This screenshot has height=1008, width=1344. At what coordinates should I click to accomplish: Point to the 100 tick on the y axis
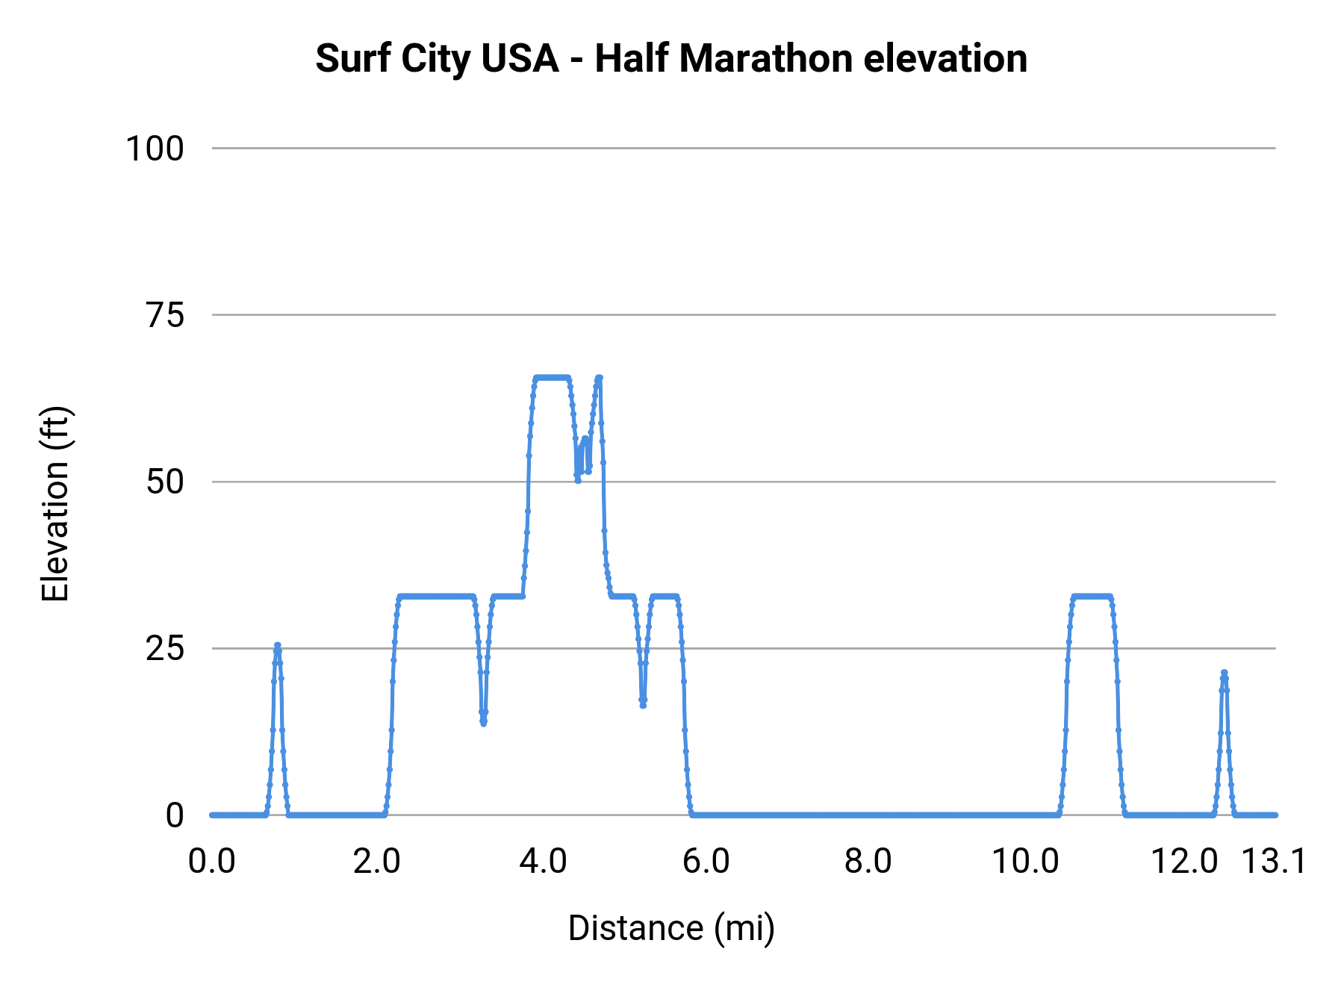155,149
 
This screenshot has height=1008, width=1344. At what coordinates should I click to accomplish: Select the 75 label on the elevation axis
165,315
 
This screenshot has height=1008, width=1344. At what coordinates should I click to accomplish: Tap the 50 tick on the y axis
165,482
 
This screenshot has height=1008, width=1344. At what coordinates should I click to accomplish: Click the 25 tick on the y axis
165,649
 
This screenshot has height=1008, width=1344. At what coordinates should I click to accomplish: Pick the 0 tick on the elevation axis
175,815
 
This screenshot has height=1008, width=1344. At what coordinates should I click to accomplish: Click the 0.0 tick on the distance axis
212,862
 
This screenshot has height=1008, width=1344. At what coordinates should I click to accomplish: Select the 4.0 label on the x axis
543,862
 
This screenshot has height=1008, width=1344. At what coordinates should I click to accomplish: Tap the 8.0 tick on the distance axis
868,862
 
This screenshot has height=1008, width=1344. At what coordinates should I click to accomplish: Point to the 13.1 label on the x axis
1274,862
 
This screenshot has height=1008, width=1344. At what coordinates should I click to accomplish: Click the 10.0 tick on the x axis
1024,862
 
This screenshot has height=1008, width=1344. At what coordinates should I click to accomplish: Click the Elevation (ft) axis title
55,504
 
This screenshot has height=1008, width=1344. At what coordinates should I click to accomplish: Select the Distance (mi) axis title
671,928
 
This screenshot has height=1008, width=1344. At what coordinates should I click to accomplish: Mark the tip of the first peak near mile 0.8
278,645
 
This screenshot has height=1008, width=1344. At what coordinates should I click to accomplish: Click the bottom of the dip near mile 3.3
484,723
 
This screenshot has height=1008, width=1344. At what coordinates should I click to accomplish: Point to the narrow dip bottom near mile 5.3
643,705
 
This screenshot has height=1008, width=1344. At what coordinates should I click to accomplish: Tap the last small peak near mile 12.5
1224,673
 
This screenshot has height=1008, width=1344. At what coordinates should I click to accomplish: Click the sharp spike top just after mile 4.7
599,378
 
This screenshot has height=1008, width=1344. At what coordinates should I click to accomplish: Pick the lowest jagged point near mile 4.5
578,481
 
